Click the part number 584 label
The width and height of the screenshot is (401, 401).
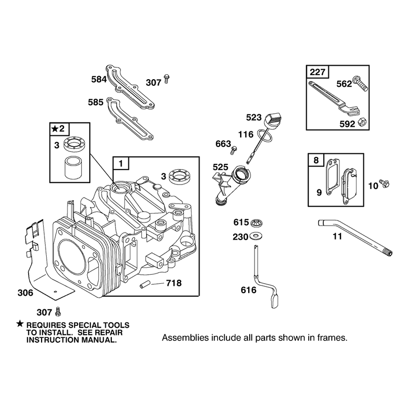click(x=99, y=79)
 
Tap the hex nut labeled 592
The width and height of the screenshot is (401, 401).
click(x=362, y=122)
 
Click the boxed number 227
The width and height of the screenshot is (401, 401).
click(x=317, y=72)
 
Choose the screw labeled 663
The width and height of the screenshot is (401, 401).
click(x=234, y=150)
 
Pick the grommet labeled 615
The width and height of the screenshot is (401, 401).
click(x=256, y=223)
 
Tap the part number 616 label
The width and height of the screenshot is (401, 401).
click(x=248, y=290)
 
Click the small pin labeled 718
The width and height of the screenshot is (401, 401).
click(x=145, y=284)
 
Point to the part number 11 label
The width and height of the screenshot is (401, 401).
click(x=337, y=236)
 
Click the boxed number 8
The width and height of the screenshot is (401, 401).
click(x=316, y=160)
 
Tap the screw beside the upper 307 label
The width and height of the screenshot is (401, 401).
click(x=167, y=79)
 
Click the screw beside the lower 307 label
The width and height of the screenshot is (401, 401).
click(x=58, y=311)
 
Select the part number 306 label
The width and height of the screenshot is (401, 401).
click(x=26, y=293)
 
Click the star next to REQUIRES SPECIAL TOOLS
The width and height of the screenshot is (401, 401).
click(x=20, y=324)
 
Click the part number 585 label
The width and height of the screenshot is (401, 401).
click(x=95, y=102)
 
